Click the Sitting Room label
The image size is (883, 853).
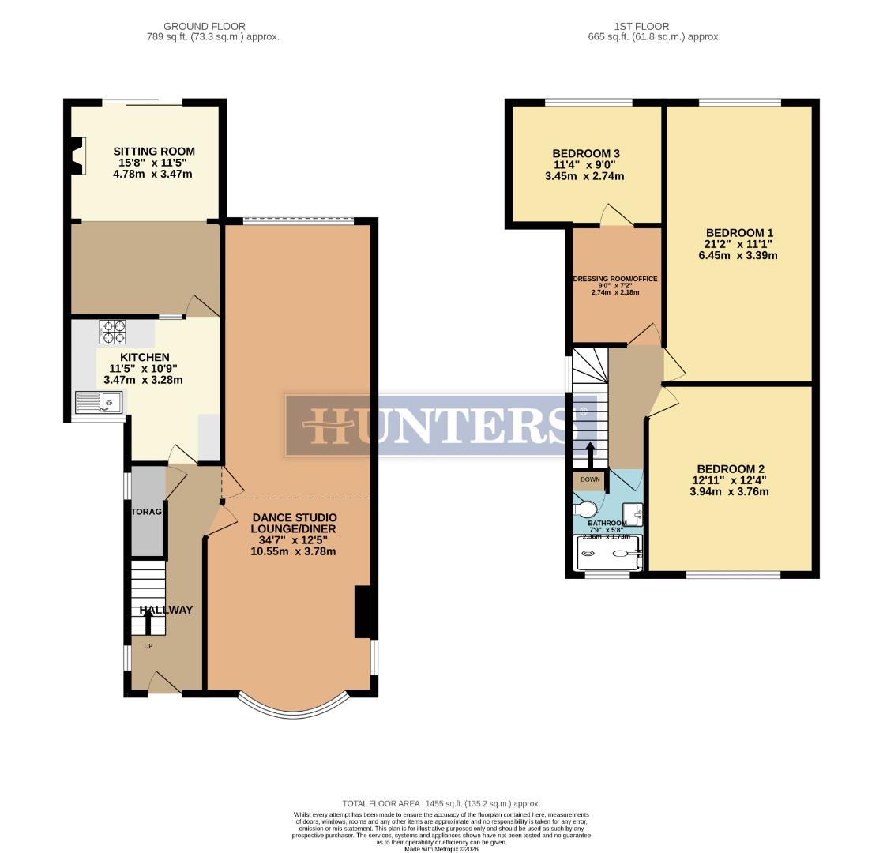tap(154, 151)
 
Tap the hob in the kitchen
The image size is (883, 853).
tap(112, 332)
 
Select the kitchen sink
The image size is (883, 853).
tap(100, 404)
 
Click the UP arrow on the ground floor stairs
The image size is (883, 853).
tap(148, 623)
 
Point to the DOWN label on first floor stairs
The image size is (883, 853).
tap(590, 479)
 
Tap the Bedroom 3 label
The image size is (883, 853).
tap(585, 153)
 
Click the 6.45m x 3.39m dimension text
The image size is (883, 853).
tap(738, 255)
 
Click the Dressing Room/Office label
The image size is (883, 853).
tap(615, 279)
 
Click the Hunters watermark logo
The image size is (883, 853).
tap(434, 425)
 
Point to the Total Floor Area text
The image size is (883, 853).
tap(441, 803)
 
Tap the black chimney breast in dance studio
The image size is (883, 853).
tap(363, 611)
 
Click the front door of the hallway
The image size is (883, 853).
tap(164, 684)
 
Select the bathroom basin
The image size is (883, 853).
tap(633, 514)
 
